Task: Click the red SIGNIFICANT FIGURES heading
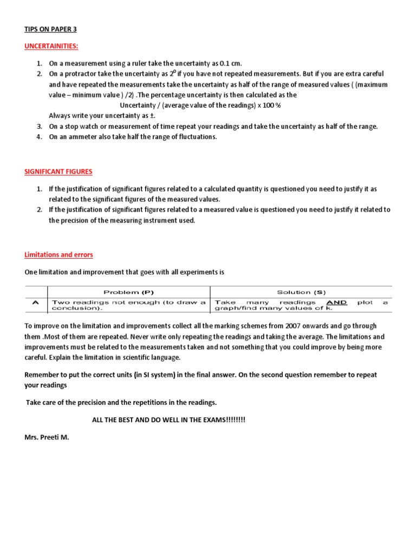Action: [x=58, y=172]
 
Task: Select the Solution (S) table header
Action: [x=301, y=292]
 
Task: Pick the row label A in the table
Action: [x=36, y=303]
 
